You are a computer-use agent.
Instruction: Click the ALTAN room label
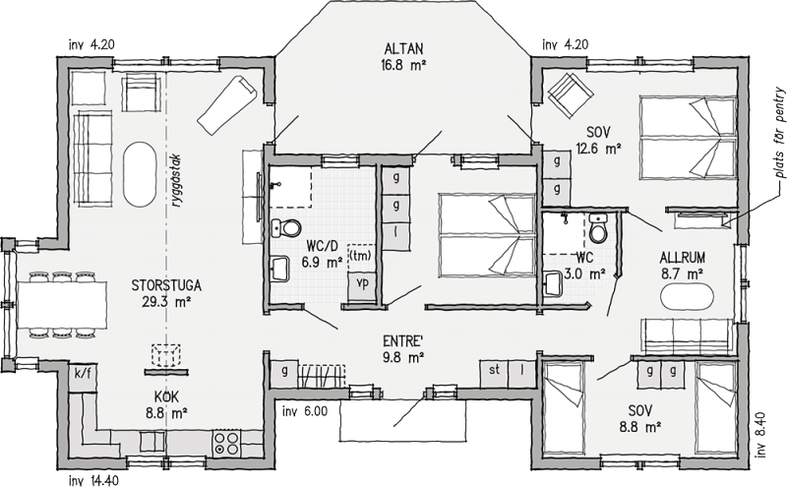click(x=403, y=49)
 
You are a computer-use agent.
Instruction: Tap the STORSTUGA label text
click(x=166, y=285)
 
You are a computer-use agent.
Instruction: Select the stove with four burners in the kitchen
click(x=226, y=443)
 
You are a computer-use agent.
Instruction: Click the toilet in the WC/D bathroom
click(x=285, y=228)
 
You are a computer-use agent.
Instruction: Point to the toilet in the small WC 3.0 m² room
click(x=598, y=228)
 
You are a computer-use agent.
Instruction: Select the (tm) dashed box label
click(x=361, y=255)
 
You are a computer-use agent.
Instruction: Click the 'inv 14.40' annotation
click(x=93, y=479)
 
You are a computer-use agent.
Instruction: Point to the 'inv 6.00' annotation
click(x=305, y=411)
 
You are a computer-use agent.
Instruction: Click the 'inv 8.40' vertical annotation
click(x=759, y=435)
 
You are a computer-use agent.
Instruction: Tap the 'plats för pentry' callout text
click(x=779, y=133)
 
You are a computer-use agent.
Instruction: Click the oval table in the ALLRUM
click(x=687, y=297)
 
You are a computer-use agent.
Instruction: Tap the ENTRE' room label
click(x=402, y=341)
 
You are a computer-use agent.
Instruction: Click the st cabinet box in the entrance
click(x=494, y=374)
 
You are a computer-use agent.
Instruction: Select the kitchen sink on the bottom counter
click(x=152, y=442)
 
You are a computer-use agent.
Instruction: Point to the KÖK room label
click(x=166, y=396)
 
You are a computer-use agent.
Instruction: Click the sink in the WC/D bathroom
click(x=279, y=268)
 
